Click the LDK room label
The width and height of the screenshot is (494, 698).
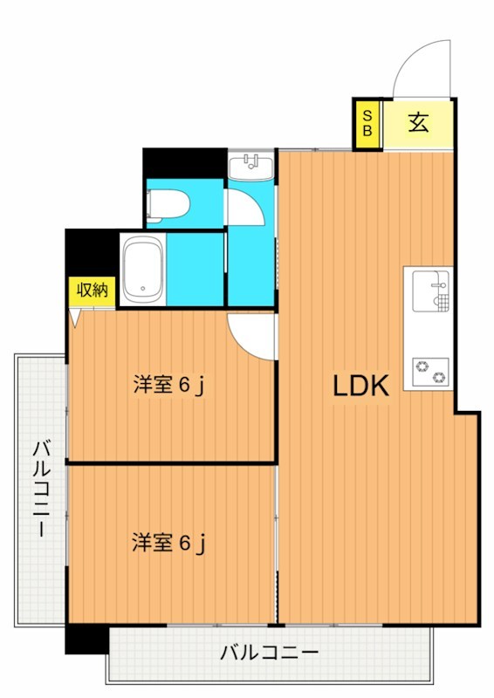pyautogui.click(x=360, y=387)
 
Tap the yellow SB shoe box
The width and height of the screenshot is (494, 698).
pyautogui.click(x=367, y=123)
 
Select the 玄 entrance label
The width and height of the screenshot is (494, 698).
pyautogui.click(x=418, y=123)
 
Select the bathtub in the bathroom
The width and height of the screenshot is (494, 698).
pyautogui.click(x=142, y=269)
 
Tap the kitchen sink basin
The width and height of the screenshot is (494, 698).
pyautogui.click(x=428, y=285)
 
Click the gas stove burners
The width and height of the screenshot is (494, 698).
pyautogui.click(x=429, y=373)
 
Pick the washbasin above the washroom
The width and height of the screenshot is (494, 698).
pyautogui.click(x=251, y=165)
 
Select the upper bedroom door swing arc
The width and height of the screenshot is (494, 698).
pyautogui.click(x=250, y=336)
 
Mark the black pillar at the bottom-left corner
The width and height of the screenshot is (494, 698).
pyautogui.click(x=86, y=640)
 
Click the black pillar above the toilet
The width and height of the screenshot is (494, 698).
pyautogui.click(x=183, y=163)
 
